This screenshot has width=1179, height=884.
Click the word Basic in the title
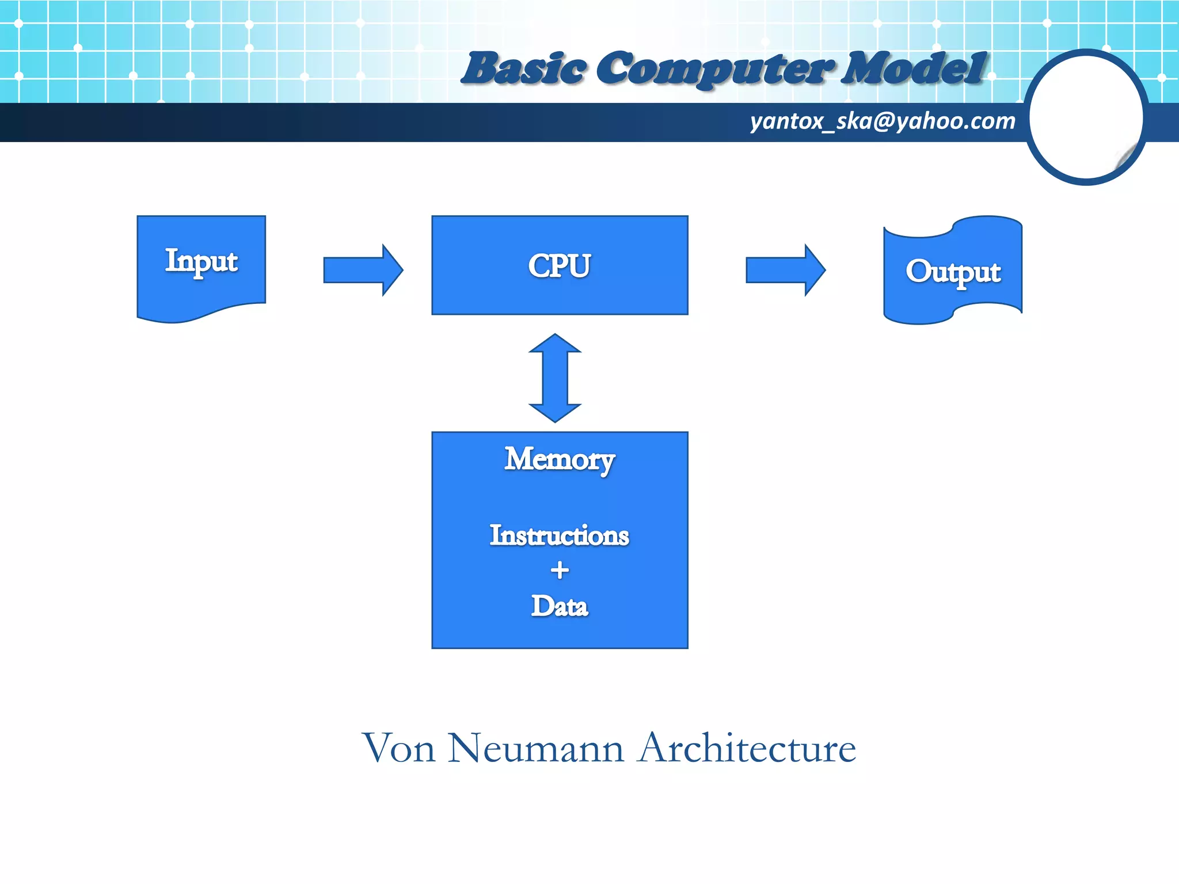coord(524,69)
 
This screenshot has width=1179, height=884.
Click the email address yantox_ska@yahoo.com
coord(882,121)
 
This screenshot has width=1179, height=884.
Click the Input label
coord(201,261)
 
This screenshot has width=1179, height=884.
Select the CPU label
coord(559,266)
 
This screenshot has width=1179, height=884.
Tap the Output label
coord(953,272)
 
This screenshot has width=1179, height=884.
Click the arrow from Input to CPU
coord(363,270)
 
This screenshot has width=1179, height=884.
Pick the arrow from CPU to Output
coord(785,270)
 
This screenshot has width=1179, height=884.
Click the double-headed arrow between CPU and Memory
coord(555,378)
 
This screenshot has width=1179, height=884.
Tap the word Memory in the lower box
coord(559,460)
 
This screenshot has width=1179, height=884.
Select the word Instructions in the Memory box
coord(559,535)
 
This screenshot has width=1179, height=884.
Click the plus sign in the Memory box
coord(559,570)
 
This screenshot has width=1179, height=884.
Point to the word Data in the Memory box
coord(559,606)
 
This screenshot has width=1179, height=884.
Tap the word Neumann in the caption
coord(535,748)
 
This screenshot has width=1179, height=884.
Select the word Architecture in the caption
coord(747,748)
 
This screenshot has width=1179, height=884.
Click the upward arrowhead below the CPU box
coord(555,344)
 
